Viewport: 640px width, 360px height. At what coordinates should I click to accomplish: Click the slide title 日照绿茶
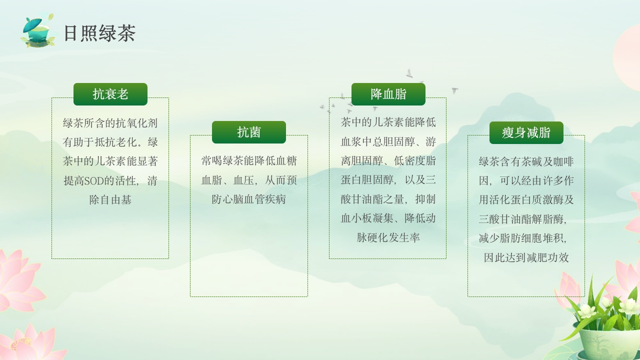(x=99, y=33)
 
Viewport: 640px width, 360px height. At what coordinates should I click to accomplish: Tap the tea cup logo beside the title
(x=37, y=31)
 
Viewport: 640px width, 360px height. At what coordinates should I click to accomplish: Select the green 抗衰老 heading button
(x=110, y=94)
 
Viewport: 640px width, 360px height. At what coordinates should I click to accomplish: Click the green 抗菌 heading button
(x=249, y=132)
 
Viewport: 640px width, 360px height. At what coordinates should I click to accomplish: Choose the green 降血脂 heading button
(x=388, y=94)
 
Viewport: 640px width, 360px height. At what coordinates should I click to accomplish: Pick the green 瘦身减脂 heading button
(x=526, y=132)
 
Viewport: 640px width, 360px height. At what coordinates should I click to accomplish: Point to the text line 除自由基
(x=110, y=200)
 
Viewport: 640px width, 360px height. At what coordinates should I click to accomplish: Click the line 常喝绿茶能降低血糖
(x=249, y=161)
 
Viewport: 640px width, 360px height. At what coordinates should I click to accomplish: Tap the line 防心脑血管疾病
(x=249, y=199)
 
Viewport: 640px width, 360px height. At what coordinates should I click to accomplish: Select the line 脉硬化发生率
(x=388, y=237)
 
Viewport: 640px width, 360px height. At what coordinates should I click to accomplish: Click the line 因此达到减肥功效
(x=526, y=257)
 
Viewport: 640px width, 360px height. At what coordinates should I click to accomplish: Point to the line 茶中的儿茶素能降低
(x=388, y=122)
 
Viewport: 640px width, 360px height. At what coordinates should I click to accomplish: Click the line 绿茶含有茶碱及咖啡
(x=526, y=161)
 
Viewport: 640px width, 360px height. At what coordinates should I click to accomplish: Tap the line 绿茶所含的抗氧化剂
(x=110, y=123)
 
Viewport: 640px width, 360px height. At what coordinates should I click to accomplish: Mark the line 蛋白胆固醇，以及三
(x=388, y=180)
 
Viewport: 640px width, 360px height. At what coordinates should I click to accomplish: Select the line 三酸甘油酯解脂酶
(x=523, y=219)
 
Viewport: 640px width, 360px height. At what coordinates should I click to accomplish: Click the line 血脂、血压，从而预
(x=249, y=180)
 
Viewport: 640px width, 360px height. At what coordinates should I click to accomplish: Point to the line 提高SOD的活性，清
(x=110, y=180)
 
